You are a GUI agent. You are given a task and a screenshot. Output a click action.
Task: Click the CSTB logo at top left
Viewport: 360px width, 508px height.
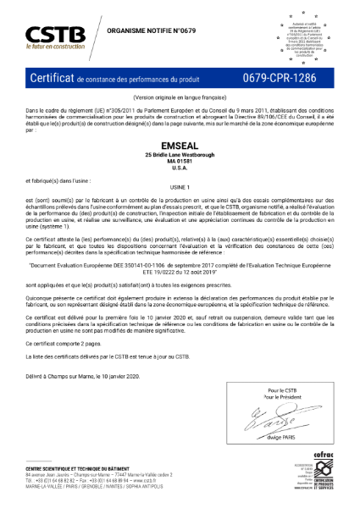click(54, 33)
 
